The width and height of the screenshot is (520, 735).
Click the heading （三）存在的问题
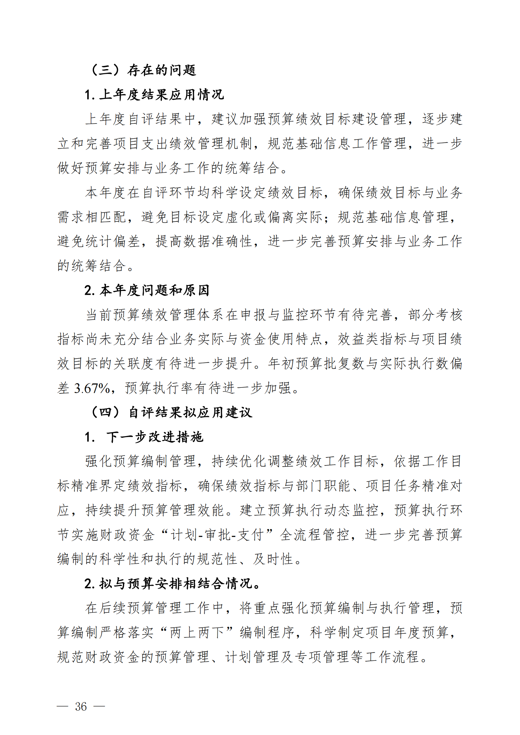(143, 70)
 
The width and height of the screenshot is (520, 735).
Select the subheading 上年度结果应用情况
(154, 95)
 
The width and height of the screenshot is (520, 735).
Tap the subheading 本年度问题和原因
(147, 290)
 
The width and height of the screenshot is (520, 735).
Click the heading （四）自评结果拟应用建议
(172, 412)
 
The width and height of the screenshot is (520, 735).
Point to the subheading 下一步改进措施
(155, 437)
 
